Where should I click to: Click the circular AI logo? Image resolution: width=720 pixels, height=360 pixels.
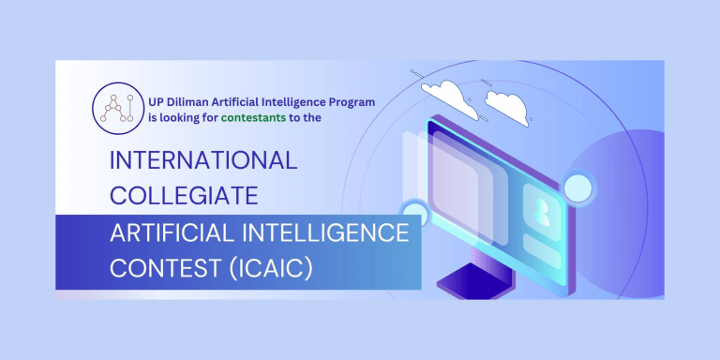pos(115,108)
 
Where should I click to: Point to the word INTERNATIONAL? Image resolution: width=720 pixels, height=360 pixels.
pos(203,160)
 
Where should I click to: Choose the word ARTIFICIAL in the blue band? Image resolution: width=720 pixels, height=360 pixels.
pos(172,233)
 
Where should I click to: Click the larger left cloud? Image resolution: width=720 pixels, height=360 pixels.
pos(450,97)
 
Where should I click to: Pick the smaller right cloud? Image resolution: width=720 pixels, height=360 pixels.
pos(507,107)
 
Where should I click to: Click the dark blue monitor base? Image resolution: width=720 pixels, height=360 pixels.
pos(472,278)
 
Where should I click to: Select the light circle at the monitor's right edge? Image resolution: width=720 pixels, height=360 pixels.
pos(578,187)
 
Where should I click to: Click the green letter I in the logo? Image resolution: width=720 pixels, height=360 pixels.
pos(130,108)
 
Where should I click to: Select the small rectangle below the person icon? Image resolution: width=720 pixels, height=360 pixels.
pos(542,251)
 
